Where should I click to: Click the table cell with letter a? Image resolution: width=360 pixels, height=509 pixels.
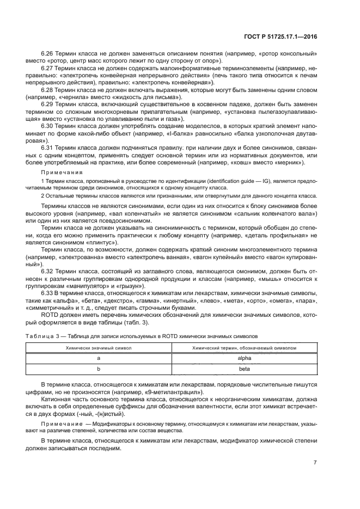99,359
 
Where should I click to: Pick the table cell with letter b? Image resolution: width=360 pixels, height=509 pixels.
99,369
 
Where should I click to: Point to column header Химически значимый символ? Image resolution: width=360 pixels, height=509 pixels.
99,347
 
